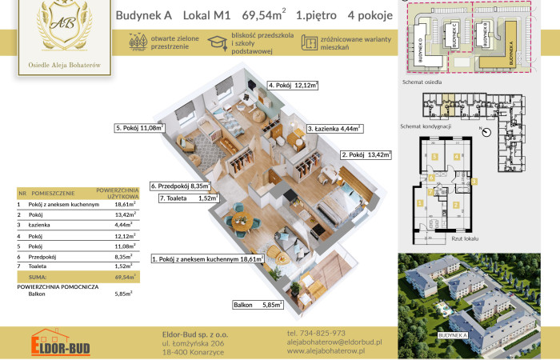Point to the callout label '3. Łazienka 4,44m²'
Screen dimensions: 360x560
pyautogui.click(x=334, y=127)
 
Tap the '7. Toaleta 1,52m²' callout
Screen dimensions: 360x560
pyautogui.click(x=189, y=198)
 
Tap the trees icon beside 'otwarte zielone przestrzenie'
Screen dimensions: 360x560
pyautogui.click(x=136, y=43)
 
